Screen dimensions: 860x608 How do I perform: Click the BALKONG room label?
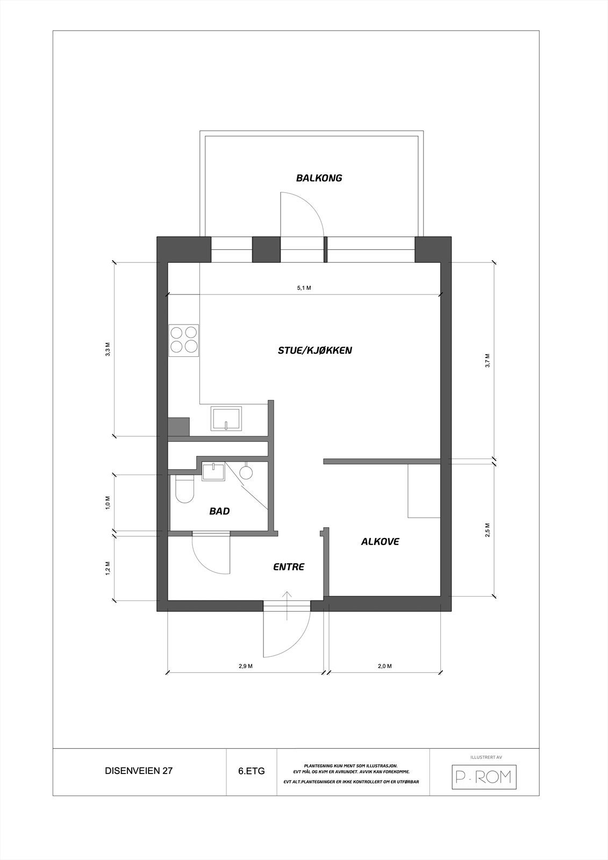point(319,178)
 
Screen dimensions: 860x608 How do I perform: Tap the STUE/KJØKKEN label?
point(314,350)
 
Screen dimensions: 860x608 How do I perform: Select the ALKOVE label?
point(380,542)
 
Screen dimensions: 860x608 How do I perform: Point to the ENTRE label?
point(289,567)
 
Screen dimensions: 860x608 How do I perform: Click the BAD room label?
point(219,511)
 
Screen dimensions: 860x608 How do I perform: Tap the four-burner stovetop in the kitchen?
point(184,340)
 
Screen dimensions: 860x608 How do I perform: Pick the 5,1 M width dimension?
point(304,288)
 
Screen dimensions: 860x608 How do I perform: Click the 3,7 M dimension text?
point(487,360)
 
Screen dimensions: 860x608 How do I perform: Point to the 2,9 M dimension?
point(246,666)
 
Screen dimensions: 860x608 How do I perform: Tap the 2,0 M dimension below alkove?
point(384,666)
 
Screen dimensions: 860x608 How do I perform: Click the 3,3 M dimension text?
point(108,349)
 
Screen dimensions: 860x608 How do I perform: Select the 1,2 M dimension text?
point(108,568)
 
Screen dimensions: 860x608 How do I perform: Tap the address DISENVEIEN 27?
point(139,771)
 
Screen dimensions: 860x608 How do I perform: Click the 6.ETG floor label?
point(251,771)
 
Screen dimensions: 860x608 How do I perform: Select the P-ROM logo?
point(483,776)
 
